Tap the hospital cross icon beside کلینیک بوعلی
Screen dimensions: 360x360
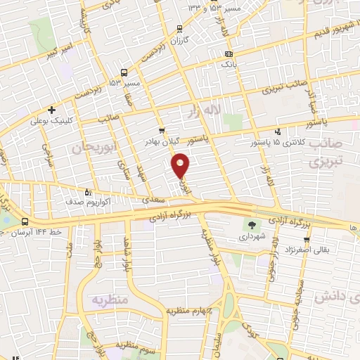[51, 110]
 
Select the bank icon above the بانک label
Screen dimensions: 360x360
[229, 54]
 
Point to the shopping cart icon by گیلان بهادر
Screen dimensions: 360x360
[162, 130]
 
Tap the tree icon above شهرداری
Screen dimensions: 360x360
[251, 226]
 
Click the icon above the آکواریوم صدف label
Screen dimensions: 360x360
[88, 191]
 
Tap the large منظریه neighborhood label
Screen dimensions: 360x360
[110, 300]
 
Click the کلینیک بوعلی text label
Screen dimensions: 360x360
[51, 120]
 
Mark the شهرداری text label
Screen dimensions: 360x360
[251, 238]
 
